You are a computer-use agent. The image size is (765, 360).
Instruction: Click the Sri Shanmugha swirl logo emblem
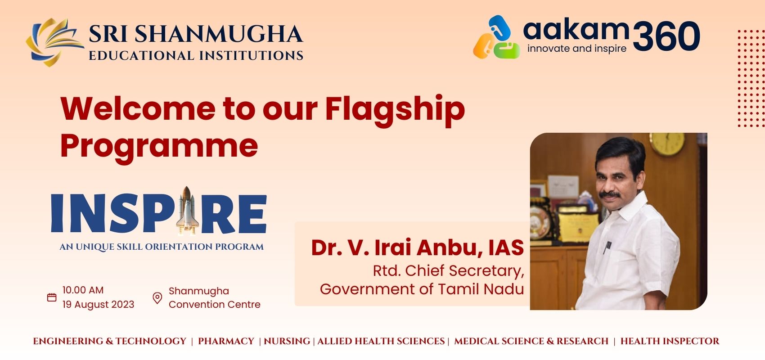(54, 42)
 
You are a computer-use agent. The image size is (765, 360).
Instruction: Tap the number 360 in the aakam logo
(666, 36)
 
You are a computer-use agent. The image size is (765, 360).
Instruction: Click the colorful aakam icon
(497, 37)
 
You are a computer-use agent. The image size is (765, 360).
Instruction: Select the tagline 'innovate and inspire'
(577, 49)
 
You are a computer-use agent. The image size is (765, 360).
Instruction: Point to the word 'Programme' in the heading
(159, 147)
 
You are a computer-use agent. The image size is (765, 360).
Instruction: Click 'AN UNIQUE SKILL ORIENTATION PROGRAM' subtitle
(162, 247)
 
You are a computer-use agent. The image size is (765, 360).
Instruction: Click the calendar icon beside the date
(52, 297)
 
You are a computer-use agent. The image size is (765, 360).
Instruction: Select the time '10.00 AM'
(83, 290)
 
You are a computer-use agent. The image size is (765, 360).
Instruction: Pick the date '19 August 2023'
(99, 304)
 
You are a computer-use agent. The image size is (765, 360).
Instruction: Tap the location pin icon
(157, 298)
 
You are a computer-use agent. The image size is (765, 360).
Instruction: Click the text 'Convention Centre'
(215, 304)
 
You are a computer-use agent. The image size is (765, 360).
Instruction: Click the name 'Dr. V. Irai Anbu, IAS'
(417, 247)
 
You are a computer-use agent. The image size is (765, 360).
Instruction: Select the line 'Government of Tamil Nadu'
(422, 289)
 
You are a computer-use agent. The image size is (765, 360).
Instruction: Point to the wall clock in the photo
(667, 144)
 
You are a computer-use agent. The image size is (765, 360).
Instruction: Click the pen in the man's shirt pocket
(607, 247)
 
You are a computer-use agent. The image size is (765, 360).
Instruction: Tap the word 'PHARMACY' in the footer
(226, 341)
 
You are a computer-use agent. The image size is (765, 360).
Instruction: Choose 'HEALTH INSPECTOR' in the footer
(670, 341)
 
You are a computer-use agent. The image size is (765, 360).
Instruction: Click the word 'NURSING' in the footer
(287, 341)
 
